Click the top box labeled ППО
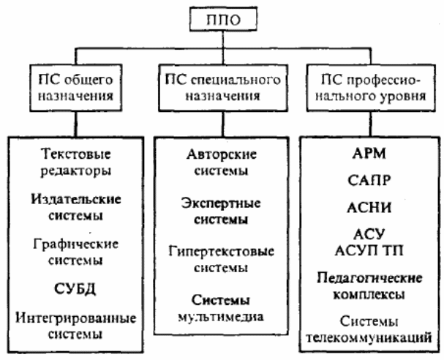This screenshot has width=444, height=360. [223, 19]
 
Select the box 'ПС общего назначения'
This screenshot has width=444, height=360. [76, 88]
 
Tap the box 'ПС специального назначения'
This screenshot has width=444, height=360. [223, 88]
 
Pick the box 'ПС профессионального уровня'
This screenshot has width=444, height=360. [371, 88]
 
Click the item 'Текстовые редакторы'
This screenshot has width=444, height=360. [75, 162]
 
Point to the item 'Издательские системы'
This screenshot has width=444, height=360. [76, 207]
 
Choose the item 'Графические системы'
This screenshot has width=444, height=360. [75, 252]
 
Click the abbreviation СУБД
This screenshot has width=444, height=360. [75, 288]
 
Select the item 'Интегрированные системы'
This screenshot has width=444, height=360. [75, 326]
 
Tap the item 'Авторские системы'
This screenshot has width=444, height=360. [222, 162]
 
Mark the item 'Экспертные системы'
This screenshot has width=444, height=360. [221, 211]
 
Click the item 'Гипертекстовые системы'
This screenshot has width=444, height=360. [222, 260]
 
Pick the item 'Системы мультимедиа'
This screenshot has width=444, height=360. [221, 308]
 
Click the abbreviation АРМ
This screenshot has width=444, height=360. [369, 153]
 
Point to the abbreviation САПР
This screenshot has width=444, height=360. [369, 181]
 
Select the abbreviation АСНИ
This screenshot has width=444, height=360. [369, 207]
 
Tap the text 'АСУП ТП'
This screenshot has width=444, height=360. [369, 250]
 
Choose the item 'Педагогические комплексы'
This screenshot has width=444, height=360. [369, 286]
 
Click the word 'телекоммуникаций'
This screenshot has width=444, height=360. [369, 337]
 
